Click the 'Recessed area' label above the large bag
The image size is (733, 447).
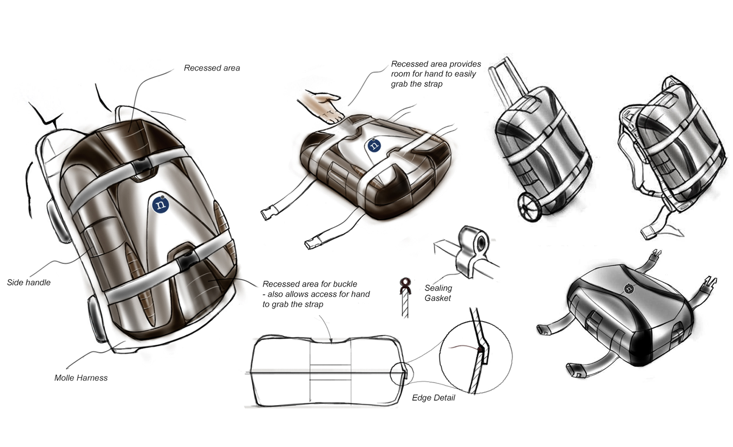pyautogui.click(x=212, y=68)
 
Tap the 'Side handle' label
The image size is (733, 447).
pyautogui.click(x=29, y=282)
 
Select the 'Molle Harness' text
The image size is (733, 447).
pyautogui.click(x=81, y=378)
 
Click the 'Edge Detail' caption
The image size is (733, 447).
pyautogui.click(x=433, y=398)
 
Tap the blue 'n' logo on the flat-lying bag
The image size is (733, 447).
pyautogui.click(x=374, y=145)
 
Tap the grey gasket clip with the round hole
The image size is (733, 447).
pyautogui.click(x=473, y=249)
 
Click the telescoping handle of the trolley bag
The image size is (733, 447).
pyautogui.click(x=506, y=83)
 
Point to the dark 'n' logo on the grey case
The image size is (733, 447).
pyautogui.click(x=629, y=288)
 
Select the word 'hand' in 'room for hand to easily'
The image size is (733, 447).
pyautogui.click(x=442, y=74)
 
